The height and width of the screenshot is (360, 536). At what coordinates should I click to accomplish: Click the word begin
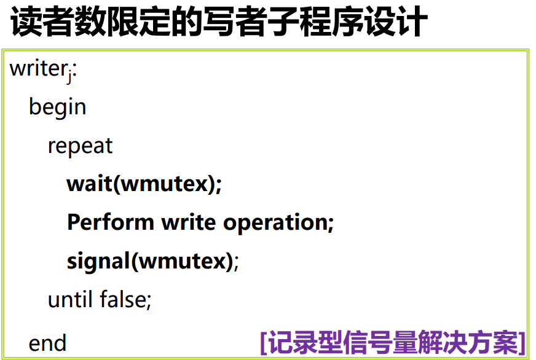click(x=57, y=108)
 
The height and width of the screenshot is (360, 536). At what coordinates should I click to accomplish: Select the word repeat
click(x=80, y=146)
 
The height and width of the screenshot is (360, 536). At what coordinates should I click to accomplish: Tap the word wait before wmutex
click(x=90, y=184)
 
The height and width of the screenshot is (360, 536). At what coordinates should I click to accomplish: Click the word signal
click(x=98, y=262)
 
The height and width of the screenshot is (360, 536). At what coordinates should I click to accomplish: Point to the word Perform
click(x=111, y=222)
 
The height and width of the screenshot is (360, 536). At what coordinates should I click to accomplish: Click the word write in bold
click(x=188, y=222)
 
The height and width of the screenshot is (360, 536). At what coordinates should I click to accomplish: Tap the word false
click(x=123, y=299)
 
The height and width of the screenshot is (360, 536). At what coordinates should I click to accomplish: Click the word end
click(x=47, y=343)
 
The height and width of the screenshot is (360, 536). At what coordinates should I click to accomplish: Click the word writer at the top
click(x=38, y=69)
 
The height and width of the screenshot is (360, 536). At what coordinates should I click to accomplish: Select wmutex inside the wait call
click(x=165, y=184)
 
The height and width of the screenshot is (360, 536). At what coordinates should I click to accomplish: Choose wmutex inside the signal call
click(x=183, y=262)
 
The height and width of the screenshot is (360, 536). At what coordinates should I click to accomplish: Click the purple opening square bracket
click(x=264, y=343)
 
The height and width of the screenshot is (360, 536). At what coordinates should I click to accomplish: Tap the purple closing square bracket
click(x=522, y=343)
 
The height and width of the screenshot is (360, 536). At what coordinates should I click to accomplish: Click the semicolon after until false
click(x=149, y=301)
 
